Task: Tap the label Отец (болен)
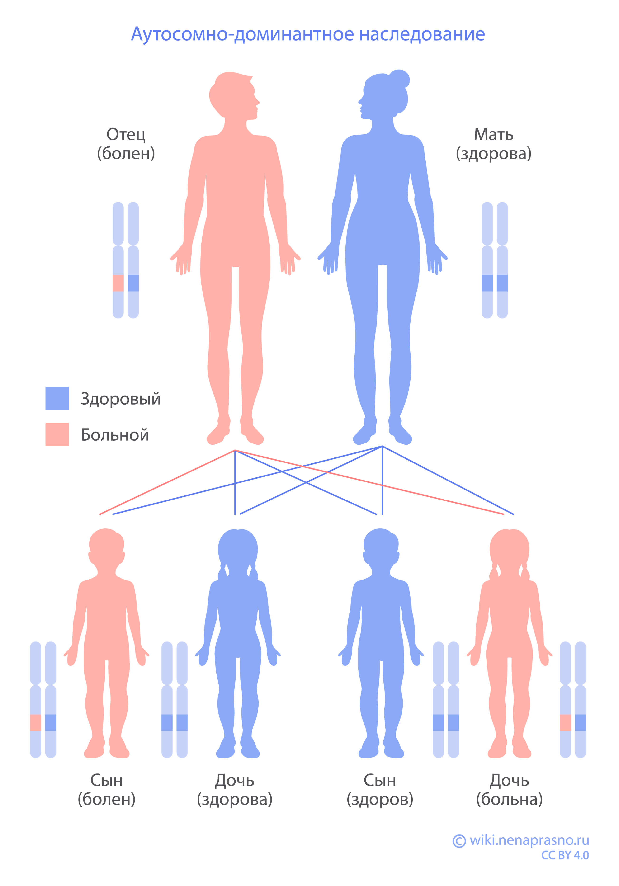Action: [x=126, y=144]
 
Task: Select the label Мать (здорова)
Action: [x=494, y=144]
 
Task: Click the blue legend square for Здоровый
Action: [x=57, y=398]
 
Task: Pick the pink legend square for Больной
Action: [x=57, y=434]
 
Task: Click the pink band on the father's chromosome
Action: [x=118, y=283]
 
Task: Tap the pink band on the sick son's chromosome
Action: [x=36, y=723]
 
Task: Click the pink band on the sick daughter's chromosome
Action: [x=565, y=723]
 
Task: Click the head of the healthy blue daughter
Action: [x=238, y=548]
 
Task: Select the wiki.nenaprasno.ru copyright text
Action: [x=521, y=840]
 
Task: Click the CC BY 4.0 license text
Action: [x=565, y=856]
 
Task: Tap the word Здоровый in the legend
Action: [x=120, y=399]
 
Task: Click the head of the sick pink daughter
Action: [x=509, y=548]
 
